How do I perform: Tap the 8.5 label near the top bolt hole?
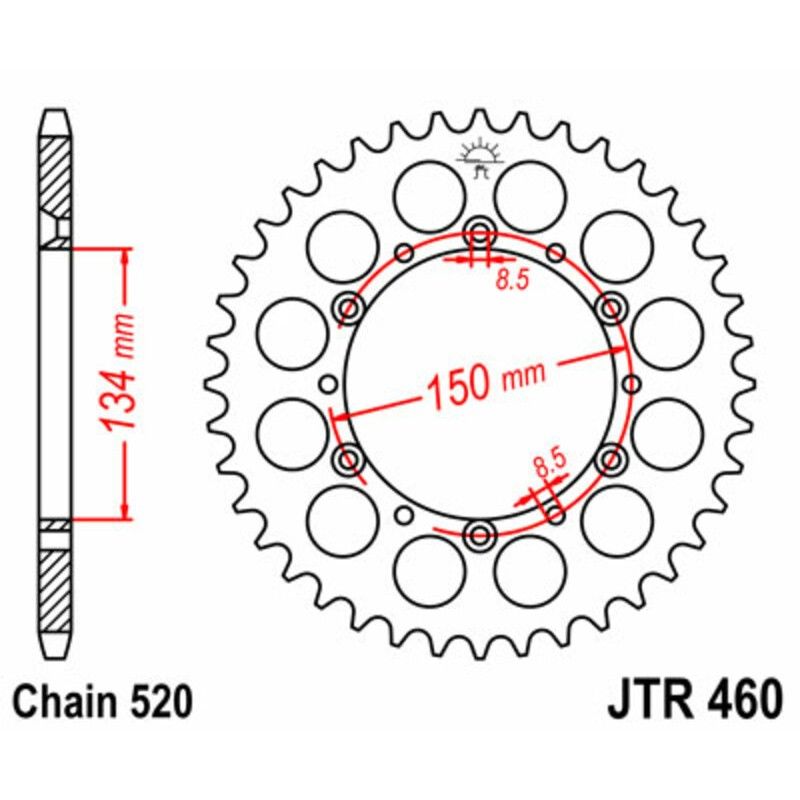(x=511, y=281)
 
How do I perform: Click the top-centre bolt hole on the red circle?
(x=479, y=233)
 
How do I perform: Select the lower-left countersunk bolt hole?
(x=349, y=459)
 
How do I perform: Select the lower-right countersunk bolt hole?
(x=609, y=459)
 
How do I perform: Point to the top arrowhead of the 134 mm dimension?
(x=124, y=253)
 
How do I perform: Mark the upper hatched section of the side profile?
(x=56, y=175)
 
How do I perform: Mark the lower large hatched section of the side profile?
(x=56, y=585)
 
